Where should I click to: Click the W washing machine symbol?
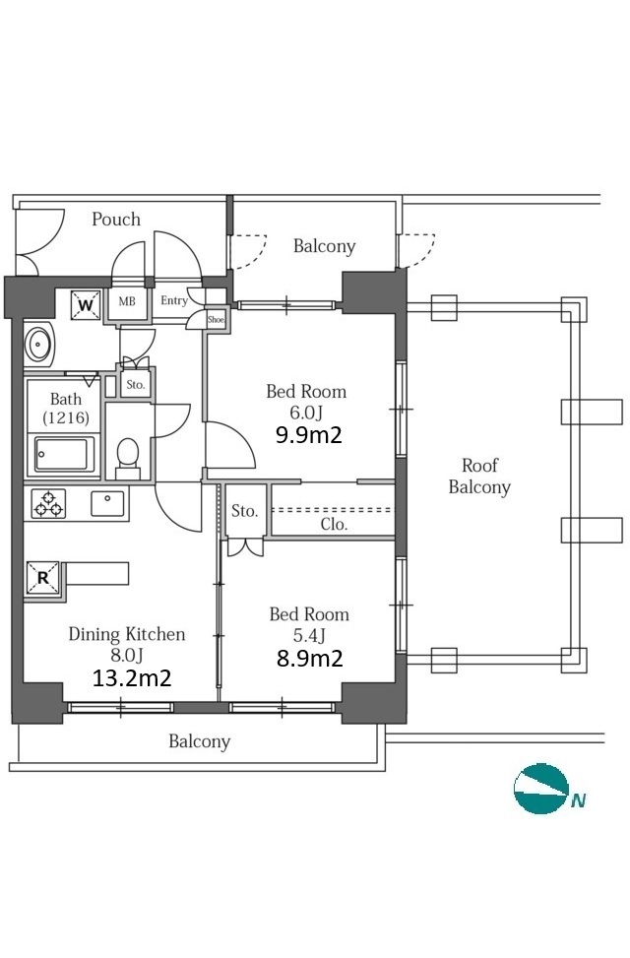coord(86,305)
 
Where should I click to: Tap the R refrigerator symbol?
coord(42,577)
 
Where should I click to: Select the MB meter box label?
coord(127,301)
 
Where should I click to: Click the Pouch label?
coord(116,219)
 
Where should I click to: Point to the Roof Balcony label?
coord(479,476)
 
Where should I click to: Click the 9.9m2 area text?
coord(308,435)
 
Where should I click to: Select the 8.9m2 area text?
coord(310,658)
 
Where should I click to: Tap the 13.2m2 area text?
coord(131,677)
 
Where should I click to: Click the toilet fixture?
coord(128,457)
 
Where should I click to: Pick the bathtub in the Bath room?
coord(64,454)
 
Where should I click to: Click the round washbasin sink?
coord(39,344)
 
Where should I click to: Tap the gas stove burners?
coord(49,504)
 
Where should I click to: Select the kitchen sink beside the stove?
coord(107,503)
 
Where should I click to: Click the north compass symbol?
coord(541,788)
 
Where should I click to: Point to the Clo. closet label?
coord(334,524)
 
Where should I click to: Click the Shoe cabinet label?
coord(217,320)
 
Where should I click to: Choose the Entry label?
coord(174,300)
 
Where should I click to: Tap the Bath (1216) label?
coord(66,409)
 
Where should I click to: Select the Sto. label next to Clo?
coord(244,511)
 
